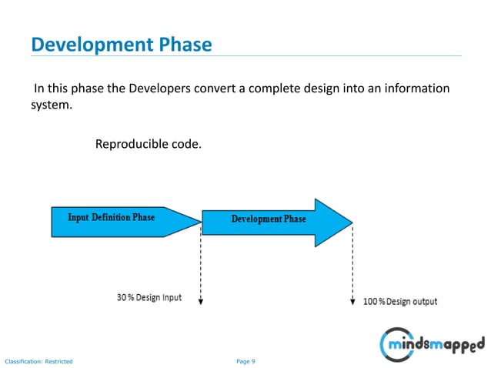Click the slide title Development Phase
(x=121, y=44)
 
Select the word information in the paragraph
(x=418, y=89)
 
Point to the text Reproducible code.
(x=148, y=144)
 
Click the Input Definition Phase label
(x=111, y=217)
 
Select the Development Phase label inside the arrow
(x=269, y=219)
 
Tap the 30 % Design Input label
(x=149, y=297)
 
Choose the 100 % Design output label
(x=399, y=301)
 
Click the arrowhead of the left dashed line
(x=200, y=303)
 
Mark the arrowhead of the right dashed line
(x=352, y=303)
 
